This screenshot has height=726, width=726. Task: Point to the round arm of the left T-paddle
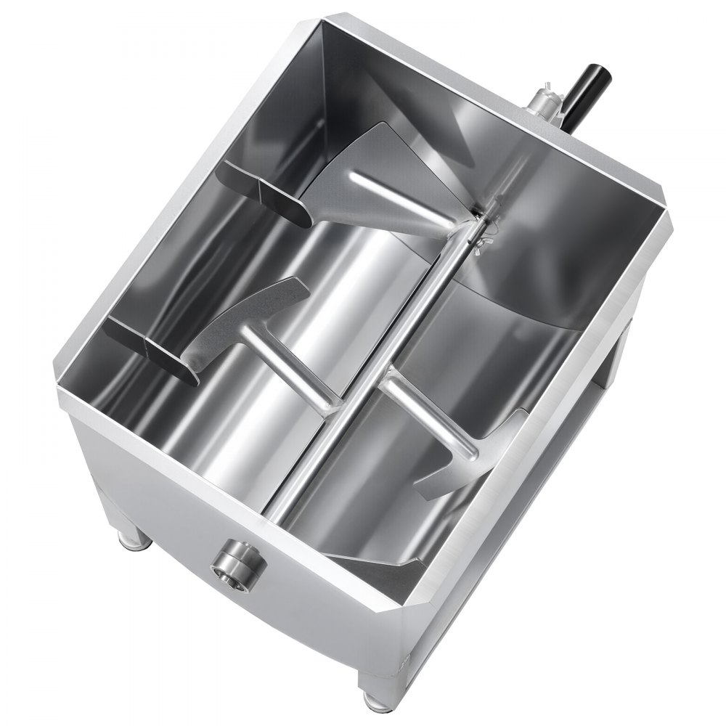(290, 367)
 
